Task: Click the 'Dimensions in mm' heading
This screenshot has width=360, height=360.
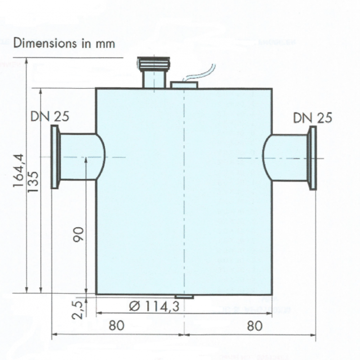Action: point(64,43)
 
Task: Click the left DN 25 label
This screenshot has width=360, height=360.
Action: point(49,117)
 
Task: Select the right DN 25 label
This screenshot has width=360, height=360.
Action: point(313,118)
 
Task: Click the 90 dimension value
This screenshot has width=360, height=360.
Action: point(79,234)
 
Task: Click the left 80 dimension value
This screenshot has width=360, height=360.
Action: point(116,325)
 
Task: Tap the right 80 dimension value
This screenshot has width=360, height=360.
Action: point(254,325)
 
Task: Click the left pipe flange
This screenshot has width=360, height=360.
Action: point(55,157)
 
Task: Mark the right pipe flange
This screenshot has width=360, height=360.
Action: point(312,158)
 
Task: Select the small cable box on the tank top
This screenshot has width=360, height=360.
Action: point(184,85)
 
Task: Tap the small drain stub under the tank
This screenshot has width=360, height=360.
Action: point(184,297)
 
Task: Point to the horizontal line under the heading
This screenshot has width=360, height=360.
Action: point(67,58)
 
